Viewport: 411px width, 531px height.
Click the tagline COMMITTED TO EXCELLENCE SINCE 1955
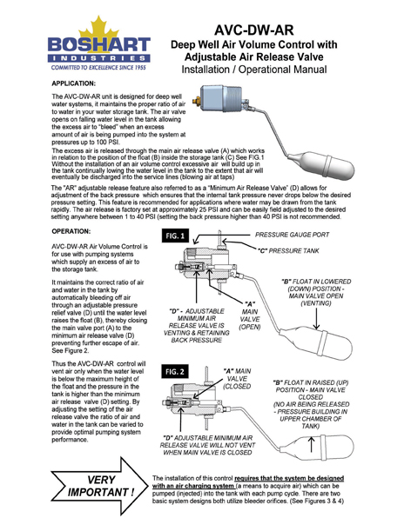86,66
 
